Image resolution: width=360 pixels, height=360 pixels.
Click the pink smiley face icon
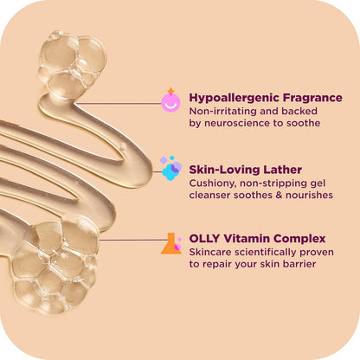coord(170,102)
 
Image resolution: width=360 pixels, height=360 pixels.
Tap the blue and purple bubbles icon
coord(170,168)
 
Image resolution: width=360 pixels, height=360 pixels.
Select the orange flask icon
coord(171,244)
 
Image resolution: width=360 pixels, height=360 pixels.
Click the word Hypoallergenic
coord(235,98)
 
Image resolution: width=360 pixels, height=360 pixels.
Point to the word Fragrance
coord(312,98)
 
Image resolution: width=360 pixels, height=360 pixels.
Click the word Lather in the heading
coord(283,170)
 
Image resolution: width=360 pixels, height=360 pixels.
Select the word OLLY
coord(204,239)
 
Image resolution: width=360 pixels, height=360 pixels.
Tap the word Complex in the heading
coord(299,239)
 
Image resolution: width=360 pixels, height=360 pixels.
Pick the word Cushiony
coord(213,183)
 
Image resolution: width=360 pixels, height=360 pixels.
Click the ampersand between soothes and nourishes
coord(279,195)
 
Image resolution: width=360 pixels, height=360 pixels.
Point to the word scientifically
coord(266,252)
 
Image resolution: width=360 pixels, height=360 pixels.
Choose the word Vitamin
coord(247,239)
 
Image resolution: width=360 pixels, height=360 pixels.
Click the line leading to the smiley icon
coord(119,103)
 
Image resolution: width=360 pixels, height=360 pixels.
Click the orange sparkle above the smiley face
coord(170,90)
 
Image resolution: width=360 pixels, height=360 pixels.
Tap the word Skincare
coord(210,252)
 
